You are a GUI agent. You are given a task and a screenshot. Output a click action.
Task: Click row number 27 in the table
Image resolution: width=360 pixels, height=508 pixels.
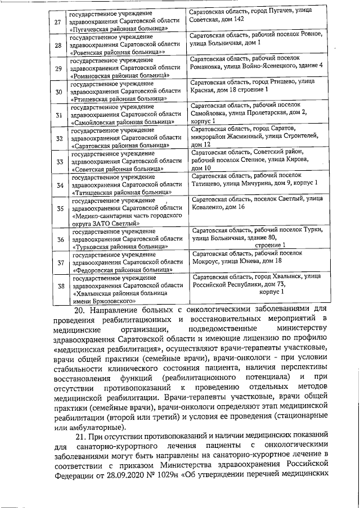(x=57, y=21)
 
